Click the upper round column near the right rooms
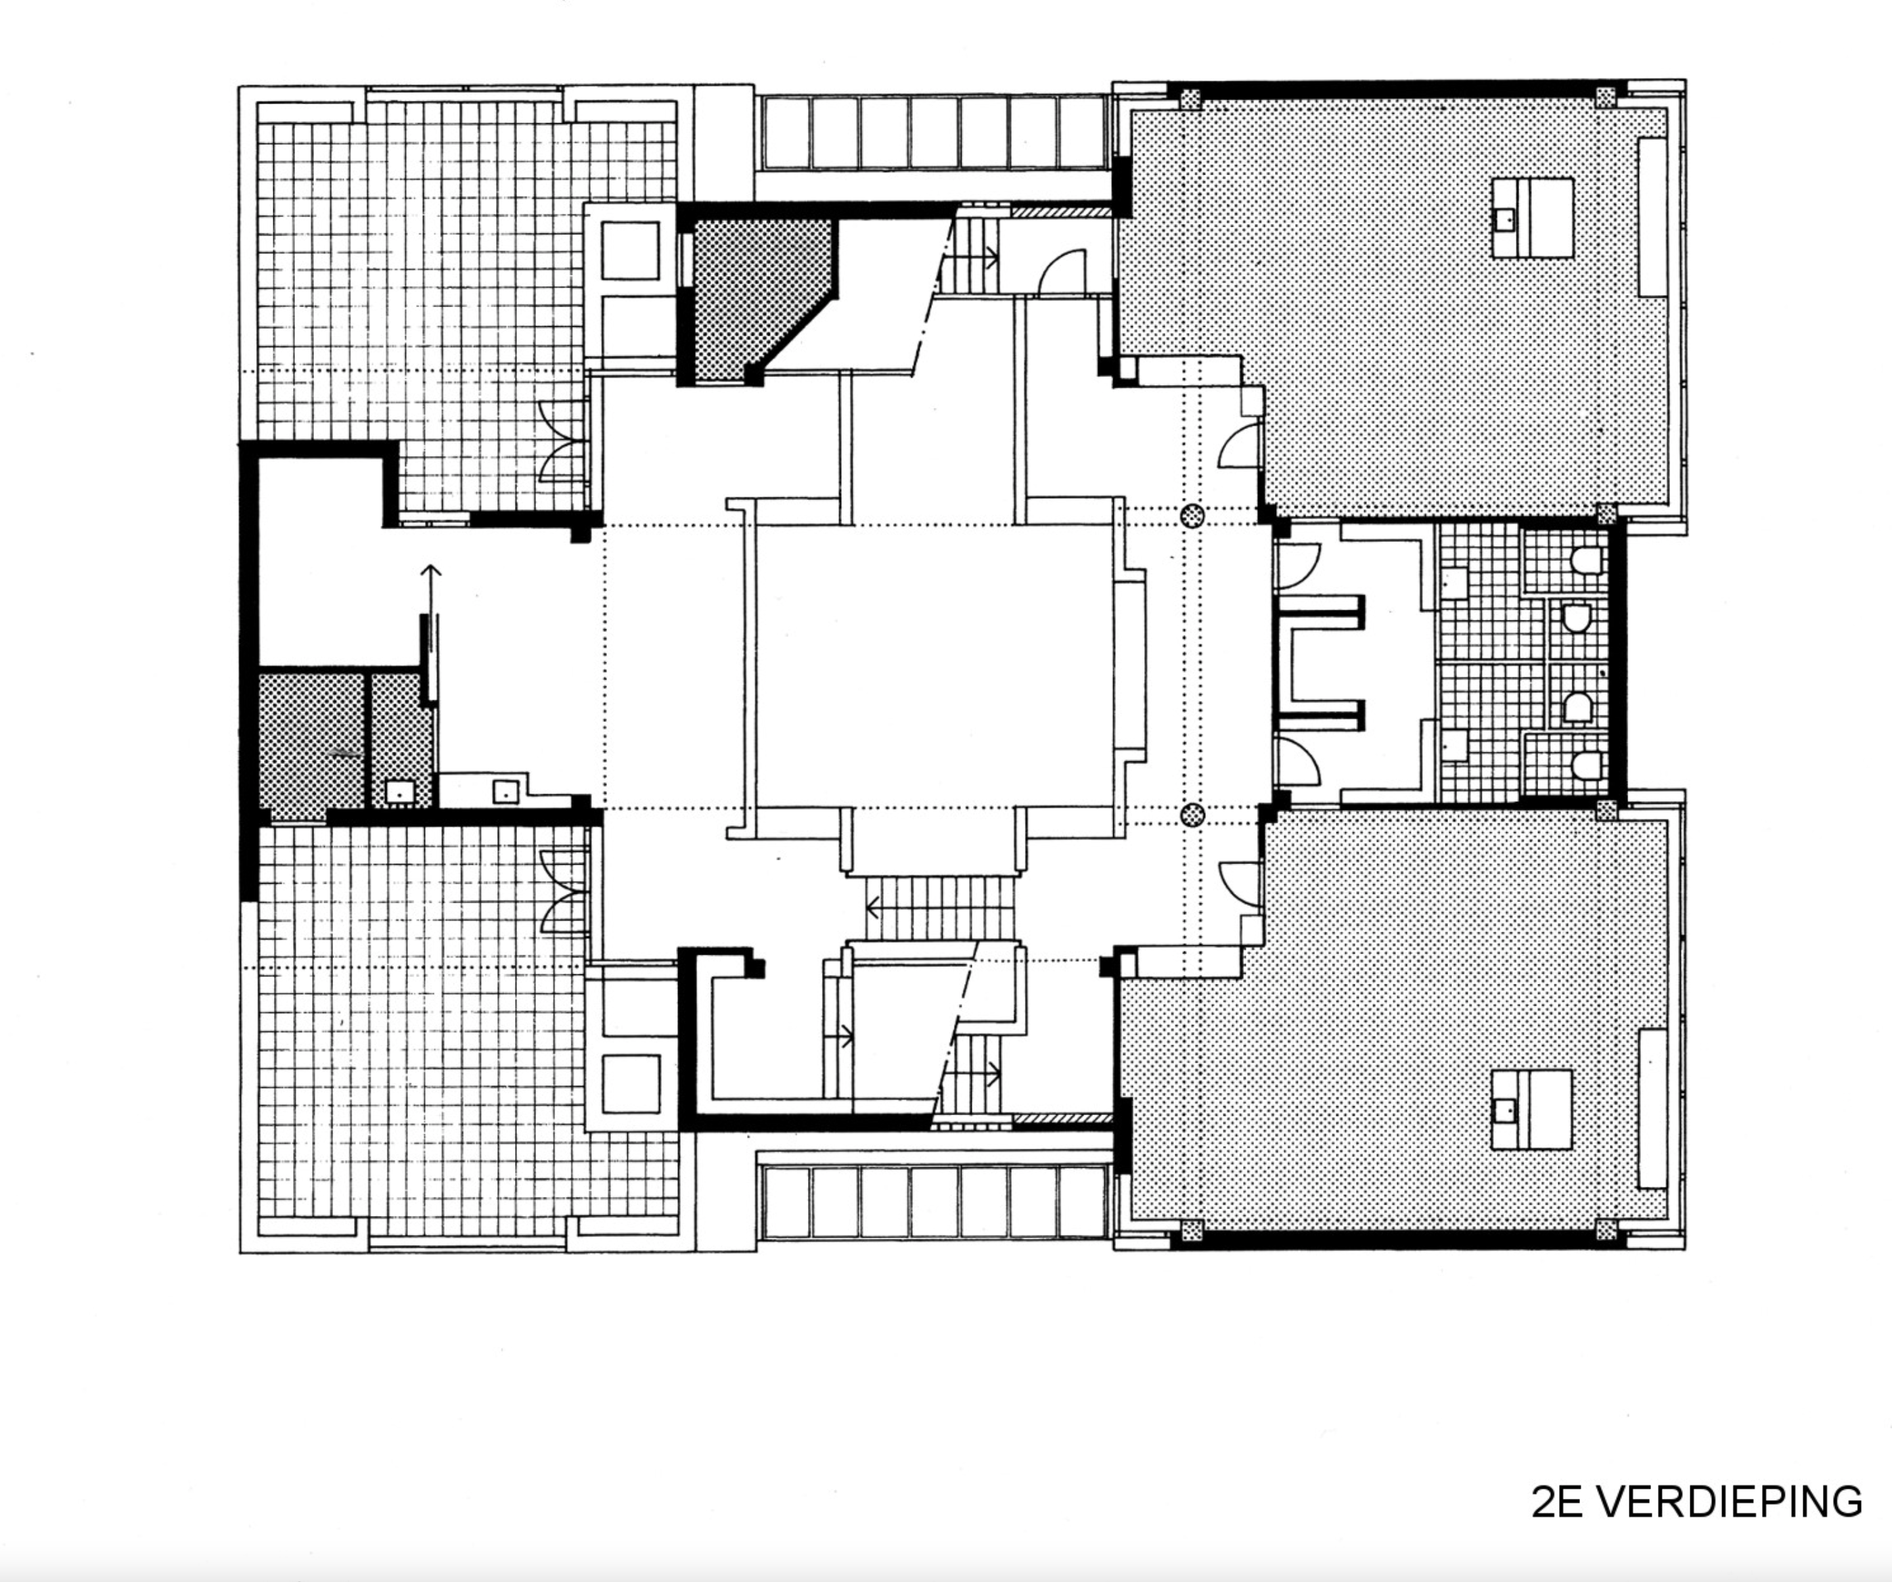(1192, 516)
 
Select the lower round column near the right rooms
(1192, 815)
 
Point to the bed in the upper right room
(1533, 217)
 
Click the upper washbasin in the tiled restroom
(1452, 581)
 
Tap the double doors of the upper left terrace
(563, 441)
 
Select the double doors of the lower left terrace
(563, 892)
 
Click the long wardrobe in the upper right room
(1652, 217)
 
